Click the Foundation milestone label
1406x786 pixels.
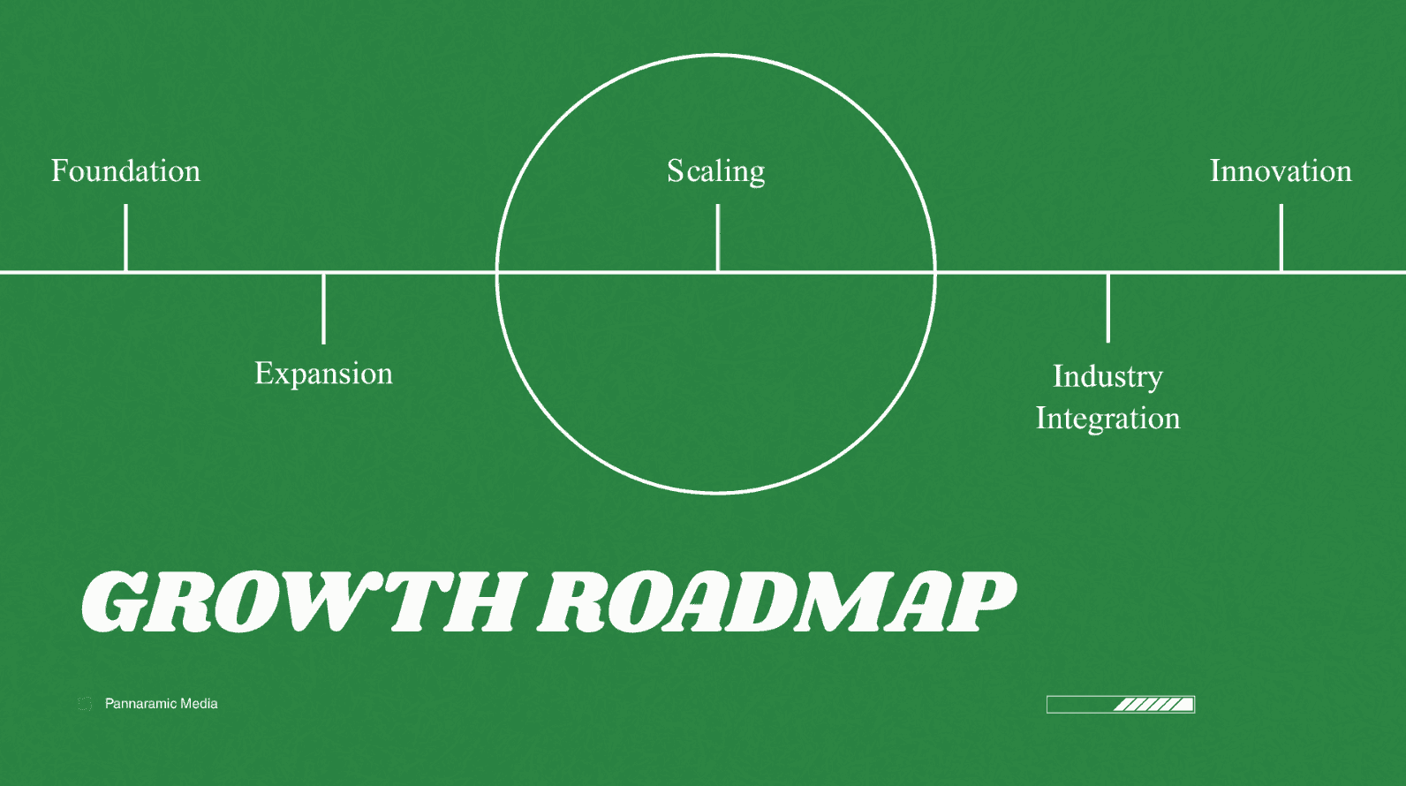coord(125,170)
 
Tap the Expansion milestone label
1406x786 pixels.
coord(323,374)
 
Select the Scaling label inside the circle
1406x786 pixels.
coord(715,170)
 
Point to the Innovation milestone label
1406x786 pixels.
coord(1281,170)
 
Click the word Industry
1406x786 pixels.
coord(1107,376)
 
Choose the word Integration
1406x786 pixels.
coord(1107,418)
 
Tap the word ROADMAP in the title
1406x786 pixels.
coord(777,601)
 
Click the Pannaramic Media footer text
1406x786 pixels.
coord(161,704)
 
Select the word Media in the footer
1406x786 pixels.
coord(199,704)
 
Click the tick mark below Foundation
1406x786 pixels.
coord(125,237)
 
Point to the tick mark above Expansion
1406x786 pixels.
coord(323,308)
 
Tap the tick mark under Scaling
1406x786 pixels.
coord(717,237)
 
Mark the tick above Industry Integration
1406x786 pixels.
coord(1107,307)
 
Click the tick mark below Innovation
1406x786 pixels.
coord(1281,237)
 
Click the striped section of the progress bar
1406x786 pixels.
coord(1153,704)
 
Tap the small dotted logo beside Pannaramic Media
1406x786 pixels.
coord(85,704)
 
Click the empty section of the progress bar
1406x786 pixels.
coord(1079,704)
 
